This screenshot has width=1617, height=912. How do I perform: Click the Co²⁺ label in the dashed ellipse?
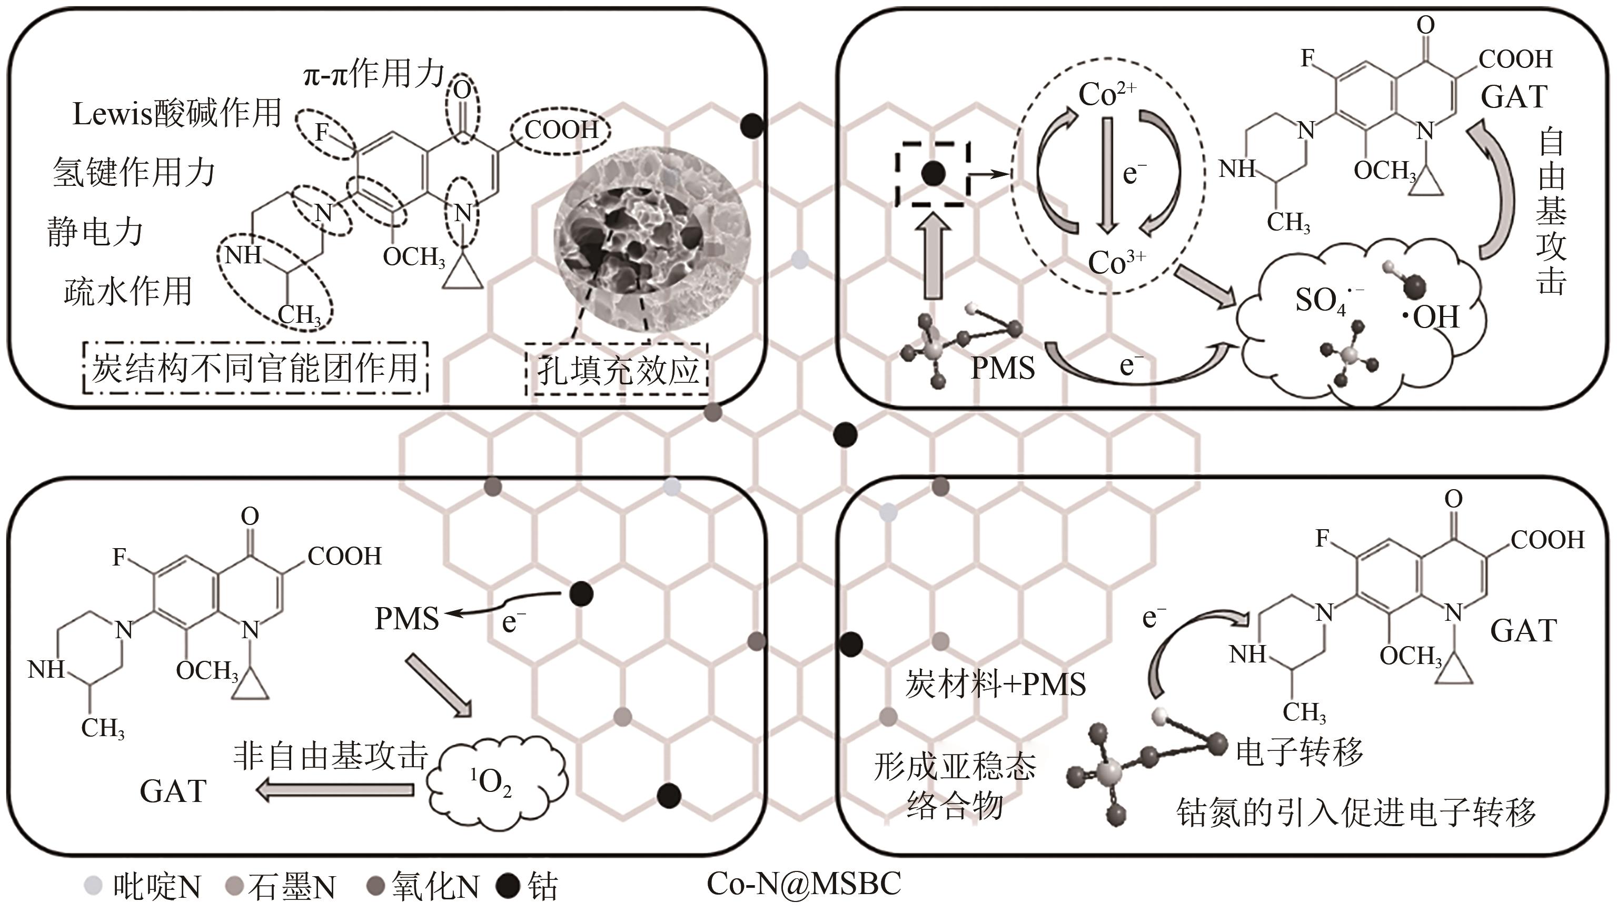pos(1107,94)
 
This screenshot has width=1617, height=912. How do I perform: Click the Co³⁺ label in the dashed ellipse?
pos(1116,262)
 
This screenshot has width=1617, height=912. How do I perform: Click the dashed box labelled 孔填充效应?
pos(618,370)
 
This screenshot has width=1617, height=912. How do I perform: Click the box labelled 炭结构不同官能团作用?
pos(255,368)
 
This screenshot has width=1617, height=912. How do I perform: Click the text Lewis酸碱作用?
pos(177,114)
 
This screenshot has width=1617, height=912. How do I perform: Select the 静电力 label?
pos(95,232)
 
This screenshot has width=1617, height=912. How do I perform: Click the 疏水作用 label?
pos(128,291)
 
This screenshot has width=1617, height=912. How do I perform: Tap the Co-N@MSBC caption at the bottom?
pos(804,883)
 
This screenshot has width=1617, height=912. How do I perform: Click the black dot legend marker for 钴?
pos(507,886)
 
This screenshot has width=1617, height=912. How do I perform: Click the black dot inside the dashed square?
pos(933,173)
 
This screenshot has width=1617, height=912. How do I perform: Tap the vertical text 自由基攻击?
pos(1551,213)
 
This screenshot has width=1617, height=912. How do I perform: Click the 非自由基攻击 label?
pos(331,755)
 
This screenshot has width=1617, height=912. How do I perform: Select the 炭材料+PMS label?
pos(995,683)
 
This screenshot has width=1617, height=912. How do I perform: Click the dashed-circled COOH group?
pos(561,130)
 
